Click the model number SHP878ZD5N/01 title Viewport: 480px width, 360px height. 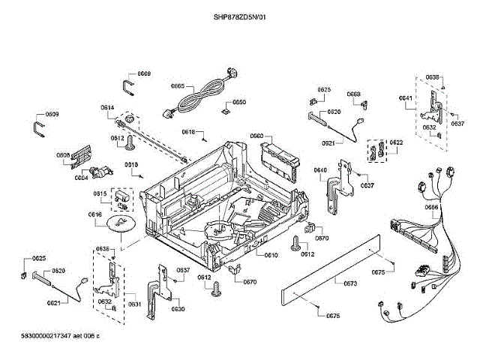[x=239, y=16]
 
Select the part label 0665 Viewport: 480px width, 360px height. [x=178, y=86]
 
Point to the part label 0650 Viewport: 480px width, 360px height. [x=238, y=102]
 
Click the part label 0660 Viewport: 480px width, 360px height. [x=256, y=136]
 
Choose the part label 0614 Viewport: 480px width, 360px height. [x=107, y=108]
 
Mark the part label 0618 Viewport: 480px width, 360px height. [x=188, y=132]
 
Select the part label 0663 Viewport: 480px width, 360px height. [x=353, y=94]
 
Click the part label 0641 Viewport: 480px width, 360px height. [x=405, y=98]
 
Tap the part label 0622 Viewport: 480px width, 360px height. [x=396, y=142]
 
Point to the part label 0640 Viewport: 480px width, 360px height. [x=320, y=170]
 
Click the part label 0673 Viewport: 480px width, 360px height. [x=350, y=283]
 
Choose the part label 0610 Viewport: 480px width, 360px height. [x=271, y=255]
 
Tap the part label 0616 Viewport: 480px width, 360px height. [x=95, y=214]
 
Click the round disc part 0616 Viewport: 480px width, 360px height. [x=120, y=222]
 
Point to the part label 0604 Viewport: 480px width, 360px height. [x=82, y=178]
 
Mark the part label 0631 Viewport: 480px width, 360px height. [x=134, y=304]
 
